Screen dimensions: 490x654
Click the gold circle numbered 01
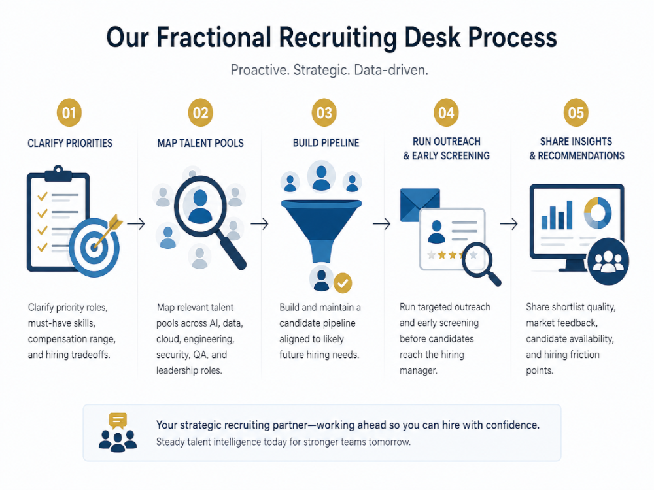click(x=69, y=112)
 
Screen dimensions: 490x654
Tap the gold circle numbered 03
click(x=324, y=112)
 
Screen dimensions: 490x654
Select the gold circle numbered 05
click(x=576, y=112)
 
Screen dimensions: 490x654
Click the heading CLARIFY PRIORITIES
click(x=70, y=143)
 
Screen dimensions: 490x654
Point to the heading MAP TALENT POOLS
click(x=200, y=143)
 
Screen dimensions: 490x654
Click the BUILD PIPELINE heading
click(x=324, y=143)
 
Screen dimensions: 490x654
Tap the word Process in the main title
click(x=512, y=37)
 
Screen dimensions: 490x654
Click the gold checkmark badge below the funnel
click(x=343, y=283)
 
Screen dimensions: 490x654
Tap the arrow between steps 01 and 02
click(x=136, y=224)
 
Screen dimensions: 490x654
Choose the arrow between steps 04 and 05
click(x=509, y=224)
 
